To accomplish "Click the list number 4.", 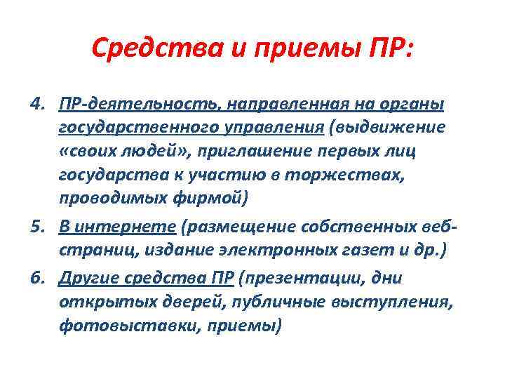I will (38, 105).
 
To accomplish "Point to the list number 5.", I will (38, 227).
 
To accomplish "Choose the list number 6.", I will (38, 278).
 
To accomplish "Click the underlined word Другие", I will (88, 278).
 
